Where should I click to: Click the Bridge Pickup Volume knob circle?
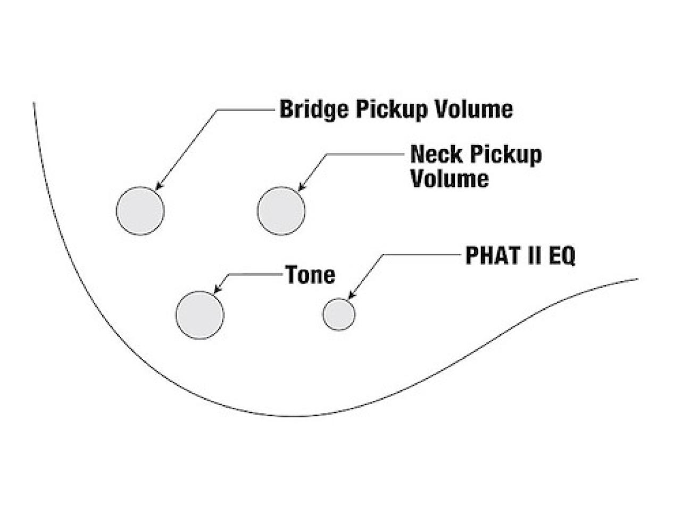(140, 211)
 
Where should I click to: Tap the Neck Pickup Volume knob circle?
(281, 211)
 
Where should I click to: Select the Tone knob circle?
(200, 315)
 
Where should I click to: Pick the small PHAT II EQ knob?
(339, 314)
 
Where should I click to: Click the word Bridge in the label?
(314, 110)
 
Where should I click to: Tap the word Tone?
(310, 275)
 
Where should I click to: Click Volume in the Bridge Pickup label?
(473, 109)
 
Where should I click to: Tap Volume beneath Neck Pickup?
(450, 178)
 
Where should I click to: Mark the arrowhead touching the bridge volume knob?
(159, 185)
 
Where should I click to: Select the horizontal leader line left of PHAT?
(422, 254)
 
